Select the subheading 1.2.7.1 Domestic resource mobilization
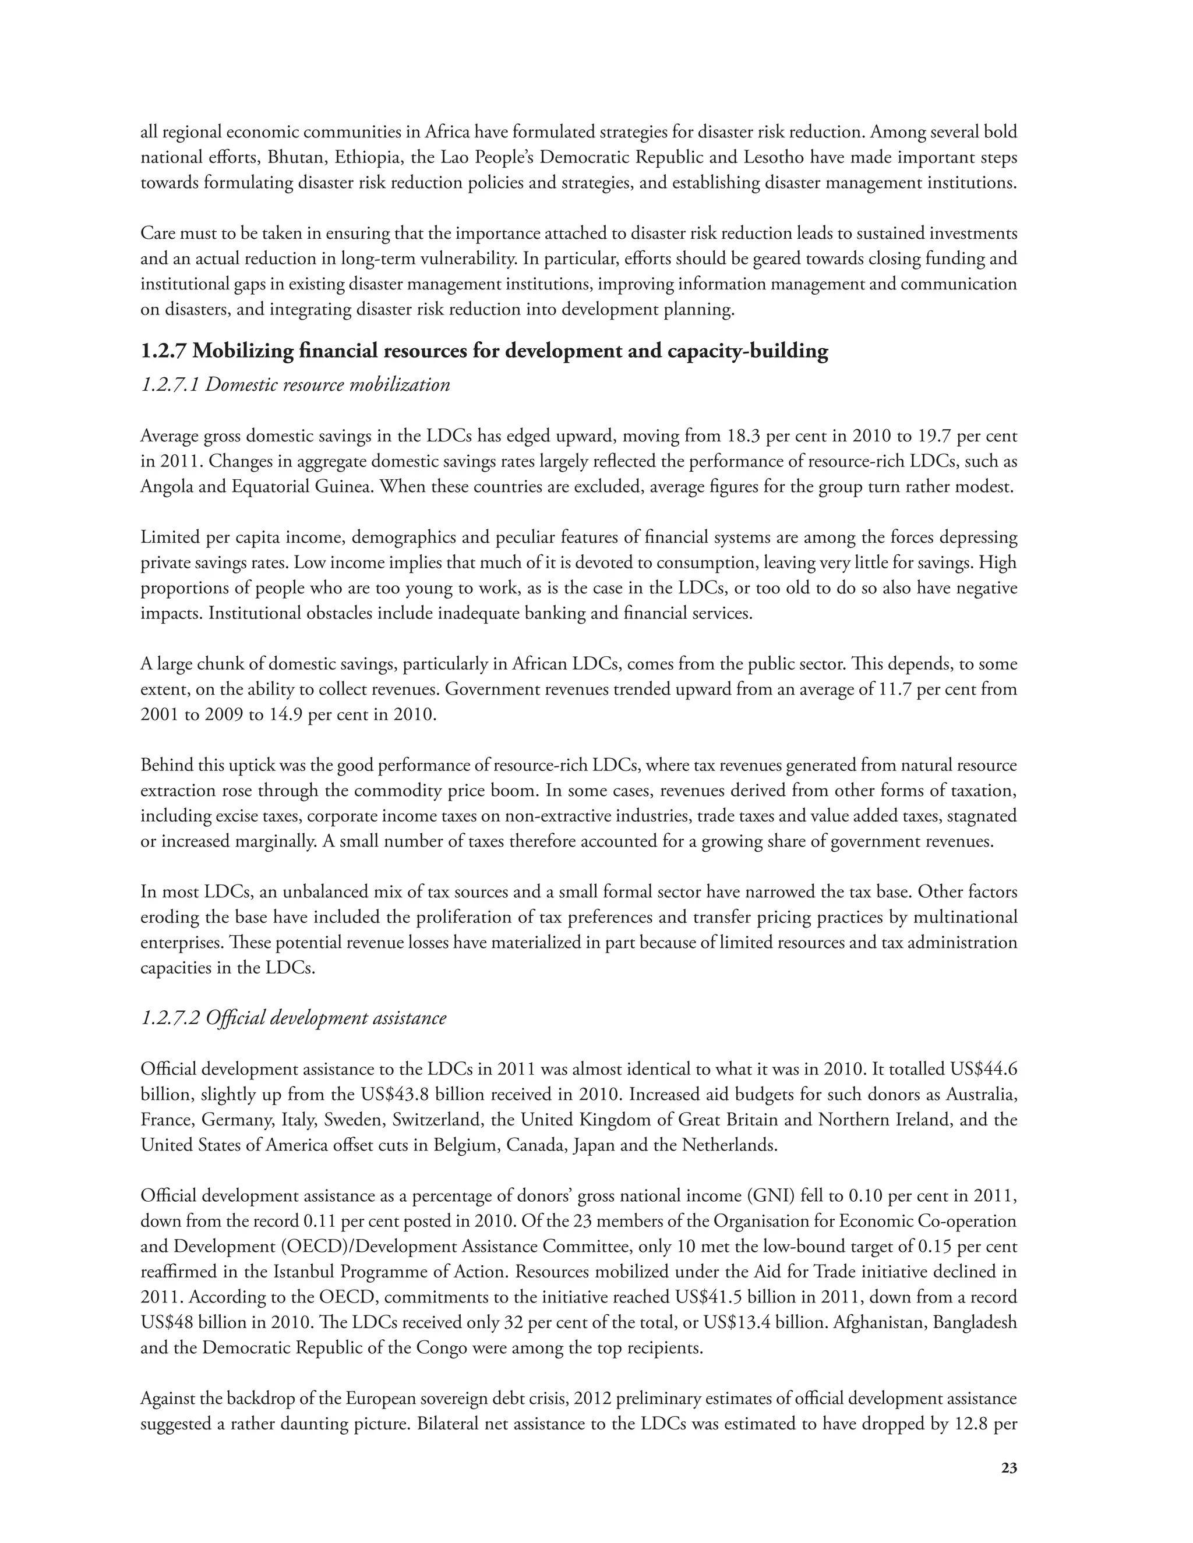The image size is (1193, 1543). click(295, 385)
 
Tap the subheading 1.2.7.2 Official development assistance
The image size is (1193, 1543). click(294, 1018)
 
